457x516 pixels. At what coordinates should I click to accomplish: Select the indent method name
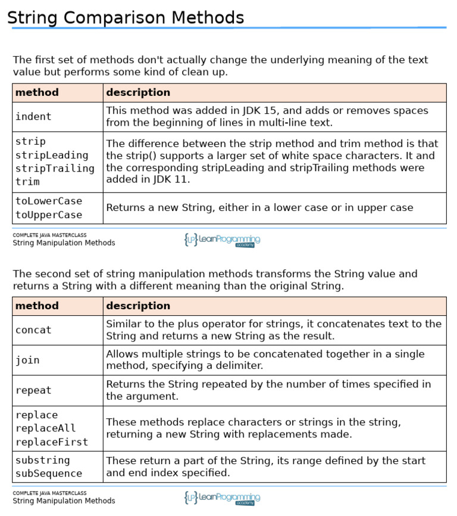(x=33, y=117)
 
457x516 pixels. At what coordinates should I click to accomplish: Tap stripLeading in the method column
(x=52, y=155)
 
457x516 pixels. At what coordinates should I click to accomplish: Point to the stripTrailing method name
(x=55, y=168)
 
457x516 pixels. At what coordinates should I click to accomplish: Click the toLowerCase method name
(x=49, y=201)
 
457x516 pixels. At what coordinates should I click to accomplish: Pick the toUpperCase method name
(x=49, y=215)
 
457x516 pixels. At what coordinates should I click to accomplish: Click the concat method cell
(x=33, y=330)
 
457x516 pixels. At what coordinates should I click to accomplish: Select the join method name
(x=27, y=360)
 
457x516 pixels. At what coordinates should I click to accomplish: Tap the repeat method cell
(x=33, y=390)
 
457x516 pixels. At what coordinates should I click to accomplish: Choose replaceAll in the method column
(x=46, y=428)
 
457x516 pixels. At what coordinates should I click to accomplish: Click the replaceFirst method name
(x=52, y=442)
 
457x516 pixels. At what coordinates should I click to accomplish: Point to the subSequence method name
(x=49, y=474)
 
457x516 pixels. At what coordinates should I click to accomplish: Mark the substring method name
(x=43, y=460)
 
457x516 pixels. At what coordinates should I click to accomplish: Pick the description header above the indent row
(x=138, y=92)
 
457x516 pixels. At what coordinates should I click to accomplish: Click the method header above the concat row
(x=37, y=306)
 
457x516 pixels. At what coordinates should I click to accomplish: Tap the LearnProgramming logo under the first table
(x=222, y=240)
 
